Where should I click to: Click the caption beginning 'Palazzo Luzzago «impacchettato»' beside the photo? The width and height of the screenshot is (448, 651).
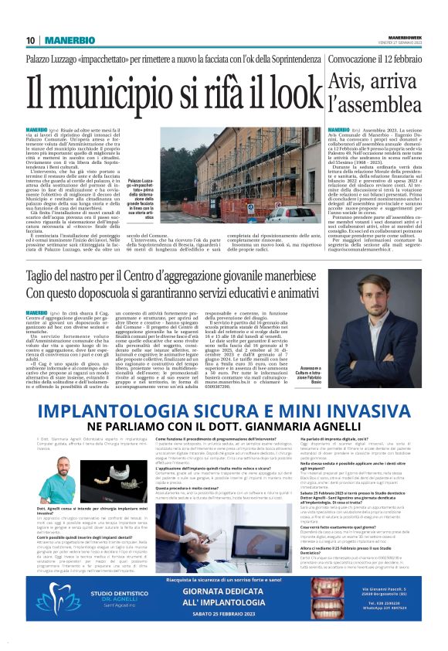pos(153,203)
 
